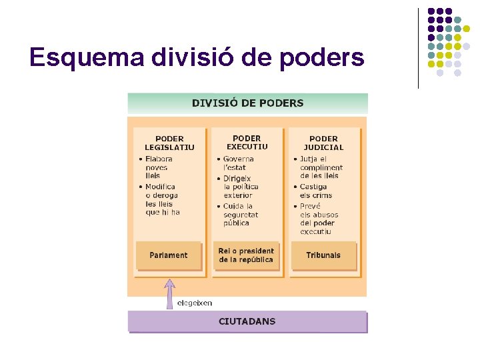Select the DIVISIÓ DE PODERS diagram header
pos(247,103)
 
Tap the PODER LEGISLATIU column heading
pos(169,143)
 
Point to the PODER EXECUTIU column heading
pos(247,143)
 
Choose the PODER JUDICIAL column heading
pos(323,143)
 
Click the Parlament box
pos(169,255)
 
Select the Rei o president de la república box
pos(246,255)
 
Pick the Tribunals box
pos(323,255)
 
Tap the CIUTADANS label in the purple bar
pos(247,321)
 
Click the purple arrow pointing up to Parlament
pos(170,293)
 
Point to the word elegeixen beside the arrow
pos(195,303)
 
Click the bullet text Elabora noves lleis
pos(159,167)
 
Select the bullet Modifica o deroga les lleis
pos(162,199)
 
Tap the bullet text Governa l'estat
pos(238,163)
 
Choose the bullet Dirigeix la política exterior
pos(241,187)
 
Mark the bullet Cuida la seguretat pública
pos(241,215)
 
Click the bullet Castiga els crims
pos(315,191)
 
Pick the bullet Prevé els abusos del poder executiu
pos(319,219)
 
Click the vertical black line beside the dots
pos(418,48)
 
